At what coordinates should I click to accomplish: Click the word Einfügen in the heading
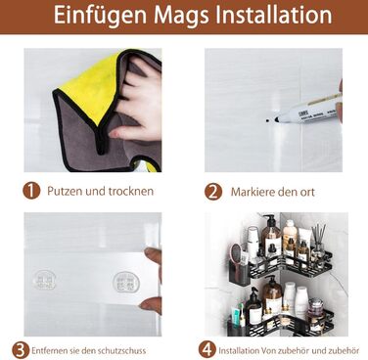pyautogui.click(x=100, y=16)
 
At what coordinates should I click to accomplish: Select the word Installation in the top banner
pyautogui.click(x=274, y=14)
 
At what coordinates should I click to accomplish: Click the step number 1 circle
pyautogui.click(x=31, y=191)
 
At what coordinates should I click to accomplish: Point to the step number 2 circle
pyautogui.click(x=213, y=192)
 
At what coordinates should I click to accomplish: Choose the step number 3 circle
pyautogui.click(x=21, y=350)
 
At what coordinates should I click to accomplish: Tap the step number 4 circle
pyautogui.click(x=207, y=350)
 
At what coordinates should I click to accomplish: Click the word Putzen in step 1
pyautogui.click(x=65, y=191)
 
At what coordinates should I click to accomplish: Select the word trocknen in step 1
pyautogui.click(x=131, y=191)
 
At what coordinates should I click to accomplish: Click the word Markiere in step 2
pyautogui.click(x=251, y=192)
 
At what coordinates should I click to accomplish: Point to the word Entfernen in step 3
pyautogui.click(x=49, y=351)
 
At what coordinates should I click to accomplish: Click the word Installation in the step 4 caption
pyautogui.click(x=239, y=351)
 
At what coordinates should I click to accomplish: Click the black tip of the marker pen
pyautogui.click(x=277, y=119)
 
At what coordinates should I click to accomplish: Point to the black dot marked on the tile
pyautogui.click(x=267, y=120)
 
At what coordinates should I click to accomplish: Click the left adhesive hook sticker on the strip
pyautogui.click(x=45, y=280)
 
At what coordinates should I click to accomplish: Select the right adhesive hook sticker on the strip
pyautogui.click(x=126, y=282)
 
